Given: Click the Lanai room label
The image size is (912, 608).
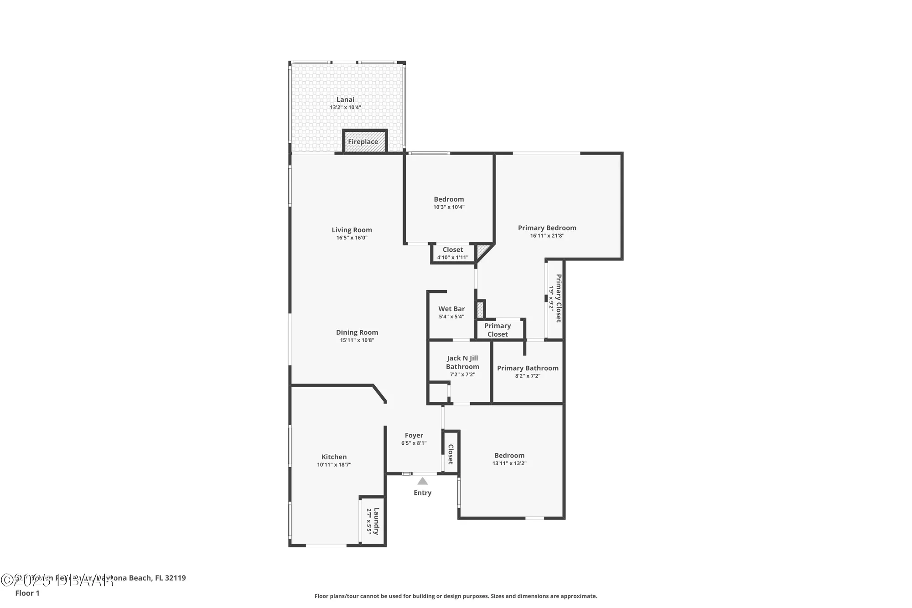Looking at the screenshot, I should pos(345,99).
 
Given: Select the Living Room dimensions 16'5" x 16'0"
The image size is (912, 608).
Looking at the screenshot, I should pos(352,238).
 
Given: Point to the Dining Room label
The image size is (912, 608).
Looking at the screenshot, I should pos(357,333).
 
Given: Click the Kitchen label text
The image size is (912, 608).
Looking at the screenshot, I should pos(334,457).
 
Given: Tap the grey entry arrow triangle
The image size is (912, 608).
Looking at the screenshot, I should pos(423,481).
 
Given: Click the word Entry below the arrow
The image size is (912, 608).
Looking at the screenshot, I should pos(422,493).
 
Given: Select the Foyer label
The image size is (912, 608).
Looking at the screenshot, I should pos(414,435).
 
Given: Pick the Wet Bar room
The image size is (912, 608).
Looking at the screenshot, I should pos(451,312).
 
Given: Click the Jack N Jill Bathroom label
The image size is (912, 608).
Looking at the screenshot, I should pos(462,362).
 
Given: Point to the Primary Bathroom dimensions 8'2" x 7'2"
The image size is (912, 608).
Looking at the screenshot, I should pos(528,376).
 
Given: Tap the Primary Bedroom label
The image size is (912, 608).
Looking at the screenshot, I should pos(547,228).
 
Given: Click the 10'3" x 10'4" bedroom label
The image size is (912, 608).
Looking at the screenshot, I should pos(449,203).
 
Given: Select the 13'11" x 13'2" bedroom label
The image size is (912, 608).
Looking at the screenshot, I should pos(509,459).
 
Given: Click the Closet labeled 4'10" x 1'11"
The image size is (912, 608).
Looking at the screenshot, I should pos(453,253).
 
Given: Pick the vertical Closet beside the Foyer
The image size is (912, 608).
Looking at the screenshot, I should pos(451,454).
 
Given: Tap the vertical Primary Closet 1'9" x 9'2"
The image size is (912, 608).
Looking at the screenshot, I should pos(555,298).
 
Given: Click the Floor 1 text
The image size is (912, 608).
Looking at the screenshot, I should pos(27,593).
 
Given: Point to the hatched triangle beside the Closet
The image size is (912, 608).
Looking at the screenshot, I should pos(482,251).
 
